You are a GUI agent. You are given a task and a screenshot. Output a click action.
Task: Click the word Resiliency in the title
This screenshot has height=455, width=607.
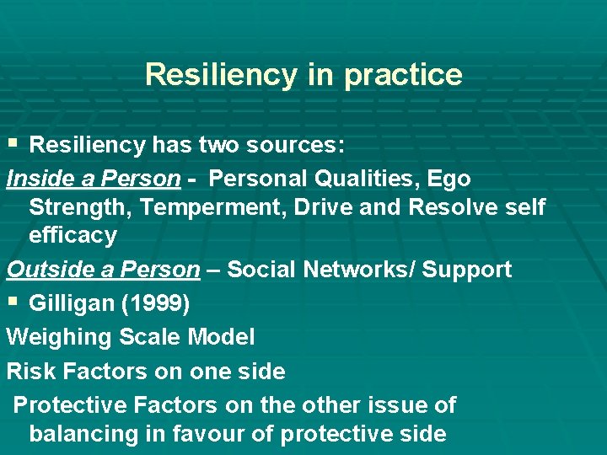221,74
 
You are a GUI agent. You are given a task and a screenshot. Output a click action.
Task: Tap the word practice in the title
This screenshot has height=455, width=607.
402,76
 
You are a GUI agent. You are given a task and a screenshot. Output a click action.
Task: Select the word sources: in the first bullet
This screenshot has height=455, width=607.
295,145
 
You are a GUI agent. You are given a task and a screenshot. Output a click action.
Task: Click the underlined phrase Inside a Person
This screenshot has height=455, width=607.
94,179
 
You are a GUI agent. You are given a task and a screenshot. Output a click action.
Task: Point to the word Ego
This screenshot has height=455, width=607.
449,179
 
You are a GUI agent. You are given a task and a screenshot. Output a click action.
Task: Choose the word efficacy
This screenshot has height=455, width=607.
73,235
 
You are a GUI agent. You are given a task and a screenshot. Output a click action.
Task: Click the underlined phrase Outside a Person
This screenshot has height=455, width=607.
103,270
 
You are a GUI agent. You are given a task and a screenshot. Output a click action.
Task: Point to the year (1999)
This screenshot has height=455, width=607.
155,303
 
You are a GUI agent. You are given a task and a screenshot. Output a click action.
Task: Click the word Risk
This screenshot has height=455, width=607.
29,371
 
